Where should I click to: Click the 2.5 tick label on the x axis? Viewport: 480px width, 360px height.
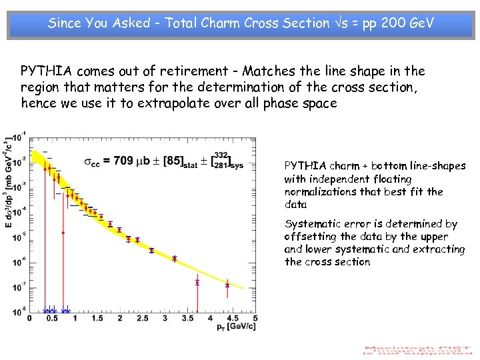[142, 319]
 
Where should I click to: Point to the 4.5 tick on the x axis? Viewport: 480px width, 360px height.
[233, 319]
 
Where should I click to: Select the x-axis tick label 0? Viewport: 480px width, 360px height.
[29, 319]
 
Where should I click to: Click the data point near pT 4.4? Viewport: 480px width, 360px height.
[227, 285]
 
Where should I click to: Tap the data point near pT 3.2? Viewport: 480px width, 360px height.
[174, 258]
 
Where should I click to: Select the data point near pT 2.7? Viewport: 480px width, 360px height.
[151, 251]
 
